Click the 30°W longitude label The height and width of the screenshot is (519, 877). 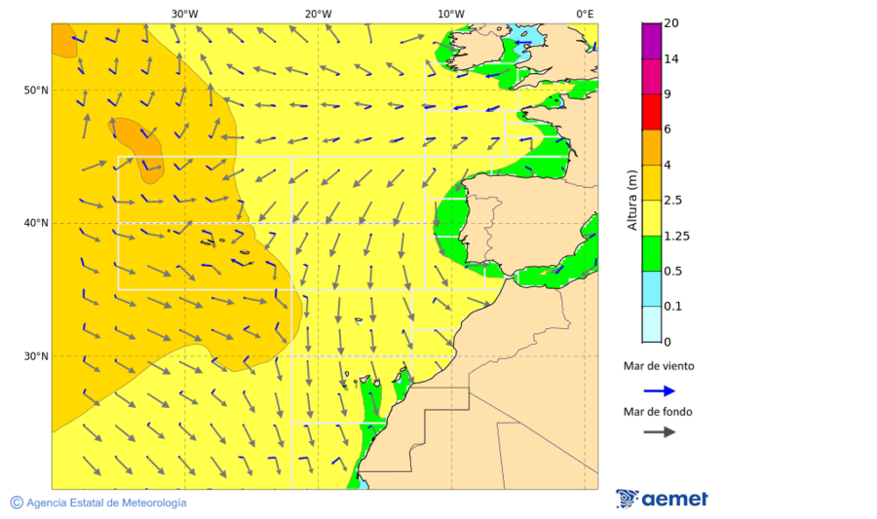tap(184, 14)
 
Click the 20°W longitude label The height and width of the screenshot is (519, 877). tap(318, 14)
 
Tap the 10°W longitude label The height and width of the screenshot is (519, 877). tap(450, 14)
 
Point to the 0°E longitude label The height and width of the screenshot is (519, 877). tap(585, 14)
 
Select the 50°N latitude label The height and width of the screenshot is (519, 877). tap(36, 91)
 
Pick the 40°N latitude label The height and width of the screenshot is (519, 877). tap(36, 223)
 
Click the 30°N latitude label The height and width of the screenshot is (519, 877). tap(36, 356)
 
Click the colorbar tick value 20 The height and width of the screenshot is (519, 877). tap(670, 23)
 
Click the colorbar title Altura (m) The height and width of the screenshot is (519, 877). tap(632, 201)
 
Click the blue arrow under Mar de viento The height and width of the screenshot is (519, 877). tap(659, 390)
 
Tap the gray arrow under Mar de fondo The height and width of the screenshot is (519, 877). tap(659, 431)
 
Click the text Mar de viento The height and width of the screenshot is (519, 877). tap(659, 366)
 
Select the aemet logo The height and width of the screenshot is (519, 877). tap(662, 500)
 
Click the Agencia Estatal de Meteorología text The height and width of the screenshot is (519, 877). tap(106, 502)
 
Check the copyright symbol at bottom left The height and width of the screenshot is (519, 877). tap(17, 502)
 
